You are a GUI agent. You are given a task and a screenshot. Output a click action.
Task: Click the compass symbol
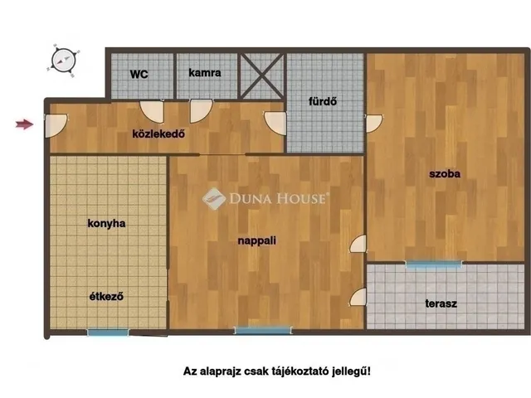point(63,59)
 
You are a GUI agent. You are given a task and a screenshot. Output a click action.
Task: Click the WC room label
point(138,73)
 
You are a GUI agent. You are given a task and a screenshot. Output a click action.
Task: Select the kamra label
point(204,73)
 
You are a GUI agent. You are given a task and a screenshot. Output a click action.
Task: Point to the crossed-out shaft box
point(261,75)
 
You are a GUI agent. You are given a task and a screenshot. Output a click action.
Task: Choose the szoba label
point(444,174)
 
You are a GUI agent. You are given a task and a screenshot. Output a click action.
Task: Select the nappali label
point(258,240)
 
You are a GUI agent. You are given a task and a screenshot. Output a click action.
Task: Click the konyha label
point(106,223)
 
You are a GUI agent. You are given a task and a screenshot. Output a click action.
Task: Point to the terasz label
point(442,303)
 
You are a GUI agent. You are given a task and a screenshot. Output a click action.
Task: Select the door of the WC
point(153,109)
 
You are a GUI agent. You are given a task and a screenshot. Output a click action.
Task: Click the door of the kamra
point(201,109)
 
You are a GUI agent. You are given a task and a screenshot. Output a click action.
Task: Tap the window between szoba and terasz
point(433,264)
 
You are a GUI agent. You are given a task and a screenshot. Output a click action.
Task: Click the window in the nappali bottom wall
point(262,330)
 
